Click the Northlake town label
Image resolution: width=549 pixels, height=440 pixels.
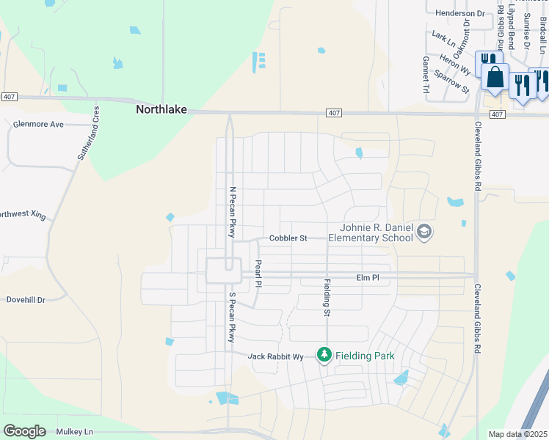point(161,110)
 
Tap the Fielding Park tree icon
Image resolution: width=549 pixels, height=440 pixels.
point(324,355)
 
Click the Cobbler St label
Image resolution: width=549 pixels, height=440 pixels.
point(288,238)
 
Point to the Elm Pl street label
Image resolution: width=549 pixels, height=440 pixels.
point(367,278)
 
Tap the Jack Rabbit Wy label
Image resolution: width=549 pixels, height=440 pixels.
point(275,356)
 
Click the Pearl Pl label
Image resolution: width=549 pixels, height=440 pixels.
point(258,273)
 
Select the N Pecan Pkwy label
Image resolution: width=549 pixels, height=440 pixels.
point(233,212)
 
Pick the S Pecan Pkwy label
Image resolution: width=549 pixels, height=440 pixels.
point(231,318)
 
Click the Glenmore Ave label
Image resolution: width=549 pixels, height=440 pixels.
point(38,125)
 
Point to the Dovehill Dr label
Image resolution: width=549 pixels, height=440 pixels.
point(26,300)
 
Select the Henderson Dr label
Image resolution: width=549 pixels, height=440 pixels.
point(460,13)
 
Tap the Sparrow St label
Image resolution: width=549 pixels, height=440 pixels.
point(451,81)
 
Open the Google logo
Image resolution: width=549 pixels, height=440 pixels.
point(24,431)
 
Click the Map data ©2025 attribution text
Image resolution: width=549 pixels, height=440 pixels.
point(517,434)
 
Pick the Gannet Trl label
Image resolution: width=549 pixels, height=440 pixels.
point(426,75)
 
